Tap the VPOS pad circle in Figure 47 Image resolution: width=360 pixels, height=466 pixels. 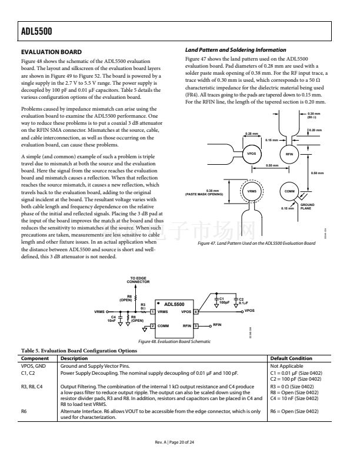tap(252, 154)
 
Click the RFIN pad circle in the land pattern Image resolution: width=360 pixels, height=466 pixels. tap(289, 154)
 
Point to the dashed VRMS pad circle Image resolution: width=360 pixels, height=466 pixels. tap(252, 192)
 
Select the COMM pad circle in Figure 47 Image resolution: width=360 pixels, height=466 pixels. tap(289, 192)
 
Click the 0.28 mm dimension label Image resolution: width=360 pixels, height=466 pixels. tap(251, 134)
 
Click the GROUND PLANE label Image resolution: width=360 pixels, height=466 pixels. tap(307, 207)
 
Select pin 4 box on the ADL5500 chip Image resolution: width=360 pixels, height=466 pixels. tap(196, 311)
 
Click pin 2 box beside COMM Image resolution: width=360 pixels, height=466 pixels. tap(152, 325)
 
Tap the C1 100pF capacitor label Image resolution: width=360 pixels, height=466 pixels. tap(224, 301)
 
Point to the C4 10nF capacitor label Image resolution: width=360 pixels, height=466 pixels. tap(112, 319)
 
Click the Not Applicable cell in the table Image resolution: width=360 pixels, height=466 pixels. tap(285, 365)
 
